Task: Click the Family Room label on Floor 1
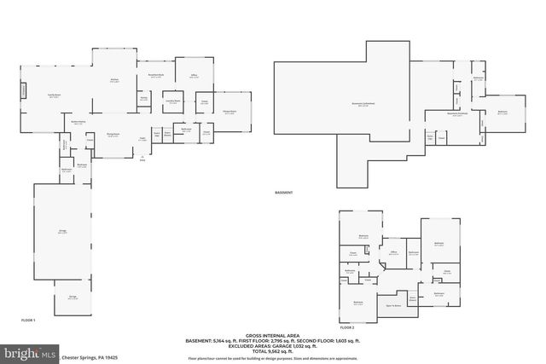click(x=54, y=96)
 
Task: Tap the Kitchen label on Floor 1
click(x=113, y=81)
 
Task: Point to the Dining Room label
click(x=112, y=135)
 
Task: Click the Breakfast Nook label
click(x=155, y=75)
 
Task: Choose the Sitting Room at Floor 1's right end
click(x=229, y=112)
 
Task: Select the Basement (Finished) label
click(x=458, y=113)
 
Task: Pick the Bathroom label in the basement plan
click(x=479, y=79)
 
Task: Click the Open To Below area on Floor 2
click(x=394, y=303)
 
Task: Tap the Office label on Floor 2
click(x=394, y=251)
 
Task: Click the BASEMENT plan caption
click(x=284, y=193)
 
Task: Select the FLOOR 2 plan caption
click(x=347, y=326)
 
